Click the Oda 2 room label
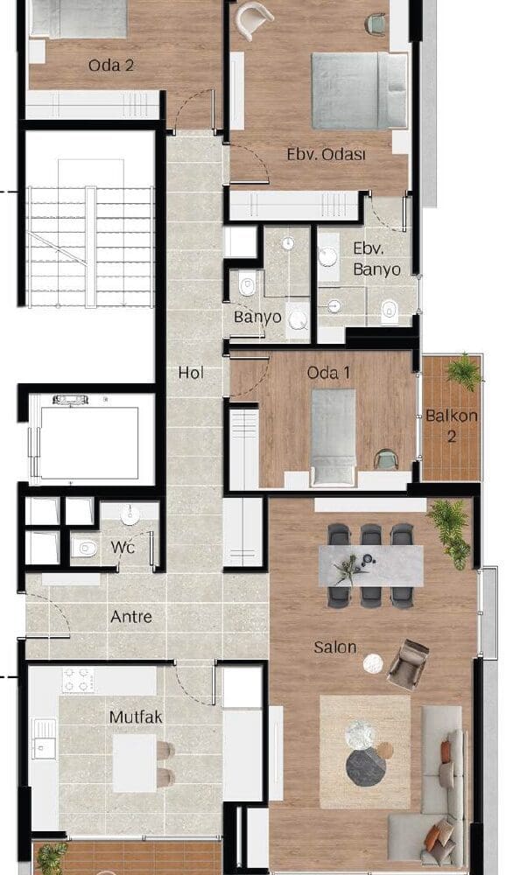111,66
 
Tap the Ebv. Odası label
327,154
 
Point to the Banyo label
257,317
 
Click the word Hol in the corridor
191,373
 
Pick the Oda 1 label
329,373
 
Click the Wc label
123,547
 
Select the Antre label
131,617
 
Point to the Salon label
335,647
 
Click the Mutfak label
136,717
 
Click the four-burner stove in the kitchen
78,680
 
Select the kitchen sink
44,738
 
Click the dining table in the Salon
371,566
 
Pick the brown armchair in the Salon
408,665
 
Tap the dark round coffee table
366,767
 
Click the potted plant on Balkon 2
463,370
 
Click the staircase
90,247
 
